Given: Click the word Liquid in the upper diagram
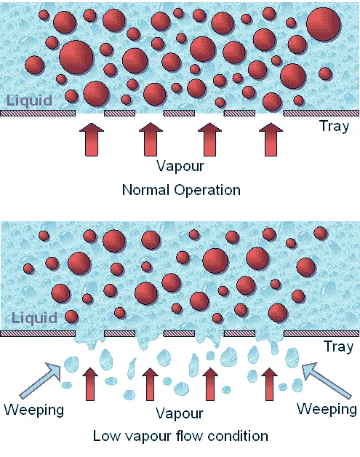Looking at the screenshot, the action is tap(29, 100).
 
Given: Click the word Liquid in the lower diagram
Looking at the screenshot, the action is tap(34, 318).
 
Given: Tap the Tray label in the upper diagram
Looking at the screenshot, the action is tap(335, 127).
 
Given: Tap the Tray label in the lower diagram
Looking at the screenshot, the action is tap(339, 347).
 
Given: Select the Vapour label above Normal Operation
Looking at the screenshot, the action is tap(180, 165).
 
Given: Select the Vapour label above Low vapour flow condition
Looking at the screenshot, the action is tap(180, 413).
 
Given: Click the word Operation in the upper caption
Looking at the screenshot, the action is tap(207, 191).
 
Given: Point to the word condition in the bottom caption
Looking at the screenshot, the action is tap(238, 437).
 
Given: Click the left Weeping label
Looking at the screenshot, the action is tap(34, 410).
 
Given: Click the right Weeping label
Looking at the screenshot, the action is tap(327, 409).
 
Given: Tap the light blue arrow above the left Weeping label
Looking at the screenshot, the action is tap(40, 380).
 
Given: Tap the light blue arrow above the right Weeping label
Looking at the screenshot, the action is tap(327, 381).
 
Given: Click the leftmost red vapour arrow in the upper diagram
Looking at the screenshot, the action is tap(92, 140).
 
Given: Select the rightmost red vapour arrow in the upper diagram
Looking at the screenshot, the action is tap(271, 140).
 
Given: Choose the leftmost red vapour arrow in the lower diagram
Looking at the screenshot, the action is tap(90, 384).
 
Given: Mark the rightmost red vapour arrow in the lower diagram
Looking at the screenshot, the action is tap(269, 384).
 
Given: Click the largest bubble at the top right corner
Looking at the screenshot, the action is tap(324, 24).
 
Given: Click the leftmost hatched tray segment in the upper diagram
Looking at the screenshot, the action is tap(38, 113).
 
